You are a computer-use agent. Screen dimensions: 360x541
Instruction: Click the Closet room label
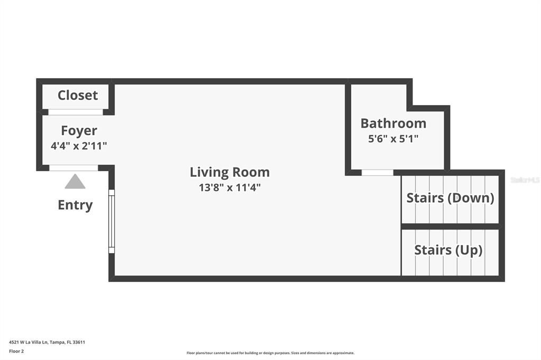78,96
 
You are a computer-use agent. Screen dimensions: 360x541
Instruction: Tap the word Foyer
79,130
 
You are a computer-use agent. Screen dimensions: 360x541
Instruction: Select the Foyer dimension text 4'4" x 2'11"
79,146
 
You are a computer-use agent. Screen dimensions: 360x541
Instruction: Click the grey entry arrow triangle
75,182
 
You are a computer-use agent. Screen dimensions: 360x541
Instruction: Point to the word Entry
75,205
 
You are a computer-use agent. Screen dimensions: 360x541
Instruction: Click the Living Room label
229,172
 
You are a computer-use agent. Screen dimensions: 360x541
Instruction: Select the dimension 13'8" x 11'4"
229,187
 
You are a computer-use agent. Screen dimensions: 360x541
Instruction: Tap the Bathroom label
393,124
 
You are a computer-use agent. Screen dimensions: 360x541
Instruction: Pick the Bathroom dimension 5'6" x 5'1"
393,139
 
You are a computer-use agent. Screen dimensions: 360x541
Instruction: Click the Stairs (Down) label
450,198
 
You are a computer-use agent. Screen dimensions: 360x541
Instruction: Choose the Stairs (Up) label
448,250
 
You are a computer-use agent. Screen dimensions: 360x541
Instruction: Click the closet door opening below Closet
75,112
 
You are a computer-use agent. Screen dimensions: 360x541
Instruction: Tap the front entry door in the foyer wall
73,168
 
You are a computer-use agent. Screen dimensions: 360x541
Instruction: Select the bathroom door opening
377,173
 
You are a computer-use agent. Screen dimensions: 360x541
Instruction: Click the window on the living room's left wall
111,221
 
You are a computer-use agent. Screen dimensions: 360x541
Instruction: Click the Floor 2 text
17,350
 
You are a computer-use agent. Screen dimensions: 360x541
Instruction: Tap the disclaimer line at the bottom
270,353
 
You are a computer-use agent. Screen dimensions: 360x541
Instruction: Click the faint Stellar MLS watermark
525,180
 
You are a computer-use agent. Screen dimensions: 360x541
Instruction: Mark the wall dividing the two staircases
450,226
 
